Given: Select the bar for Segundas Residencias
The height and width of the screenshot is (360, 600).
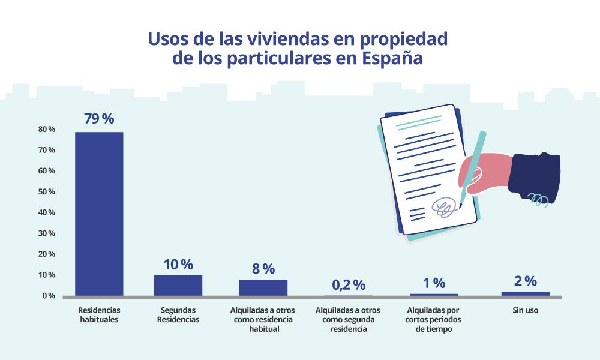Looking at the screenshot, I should point(178,285).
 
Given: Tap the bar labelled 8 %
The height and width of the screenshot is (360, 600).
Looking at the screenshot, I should point(263,287).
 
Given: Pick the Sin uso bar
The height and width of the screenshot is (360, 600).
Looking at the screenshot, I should point(525,293).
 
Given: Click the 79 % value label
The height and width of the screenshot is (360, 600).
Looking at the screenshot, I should point(99,119).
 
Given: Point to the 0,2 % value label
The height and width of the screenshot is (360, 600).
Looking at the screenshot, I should point(349,284).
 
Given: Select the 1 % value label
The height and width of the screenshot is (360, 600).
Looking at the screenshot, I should point(434,283).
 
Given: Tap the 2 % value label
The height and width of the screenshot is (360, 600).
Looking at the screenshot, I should point(525,281).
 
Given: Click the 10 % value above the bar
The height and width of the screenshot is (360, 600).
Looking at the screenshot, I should point(178,264).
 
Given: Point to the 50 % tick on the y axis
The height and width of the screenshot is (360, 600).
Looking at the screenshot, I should point(47,191).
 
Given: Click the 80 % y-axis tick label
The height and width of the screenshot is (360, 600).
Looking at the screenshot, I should point(47,129).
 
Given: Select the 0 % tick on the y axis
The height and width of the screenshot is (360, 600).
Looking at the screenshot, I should point(49,296).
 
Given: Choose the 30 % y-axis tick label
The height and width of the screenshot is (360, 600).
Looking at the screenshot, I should point(47,233).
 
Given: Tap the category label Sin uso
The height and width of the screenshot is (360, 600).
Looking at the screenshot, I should point(525,311).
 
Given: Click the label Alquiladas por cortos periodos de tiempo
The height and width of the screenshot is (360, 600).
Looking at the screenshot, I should point(434,319).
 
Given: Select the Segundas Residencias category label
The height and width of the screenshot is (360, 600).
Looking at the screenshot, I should point(178,315).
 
